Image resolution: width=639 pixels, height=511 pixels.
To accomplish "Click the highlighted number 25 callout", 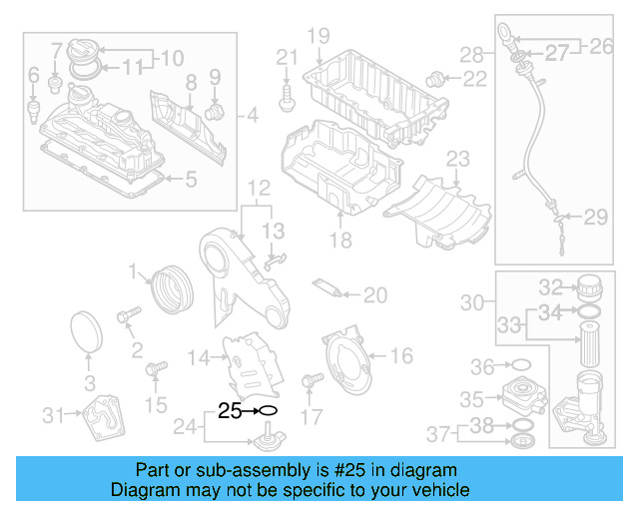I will [x=229, y=410].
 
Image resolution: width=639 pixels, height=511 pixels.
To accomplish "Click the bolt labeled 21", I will [x=288, y=94].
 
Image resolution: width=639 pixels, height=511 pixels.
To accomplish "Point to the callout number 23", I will [x=457, y=159].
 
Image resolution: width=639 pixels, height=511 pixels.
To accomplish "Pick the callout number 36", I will [x=482, y=365].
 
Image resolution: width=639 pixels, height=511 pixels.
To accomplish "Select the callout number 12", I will [x=259, y=188].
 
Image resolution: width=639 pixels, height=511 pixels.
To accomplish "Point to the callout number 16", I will [x=399, y=355].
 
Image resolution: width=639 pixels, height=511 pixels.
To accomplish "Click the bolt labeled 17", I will [x=311, y=380].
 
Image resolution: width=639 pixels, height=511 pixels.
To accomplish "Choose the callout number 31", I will [x=53, y=413].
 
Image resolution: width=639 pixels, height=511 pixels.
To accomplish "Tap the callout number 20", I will [x=374, y=294].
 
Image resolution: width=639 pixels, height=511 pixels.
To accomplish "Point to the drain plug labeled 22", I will [x=435, y=77].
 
